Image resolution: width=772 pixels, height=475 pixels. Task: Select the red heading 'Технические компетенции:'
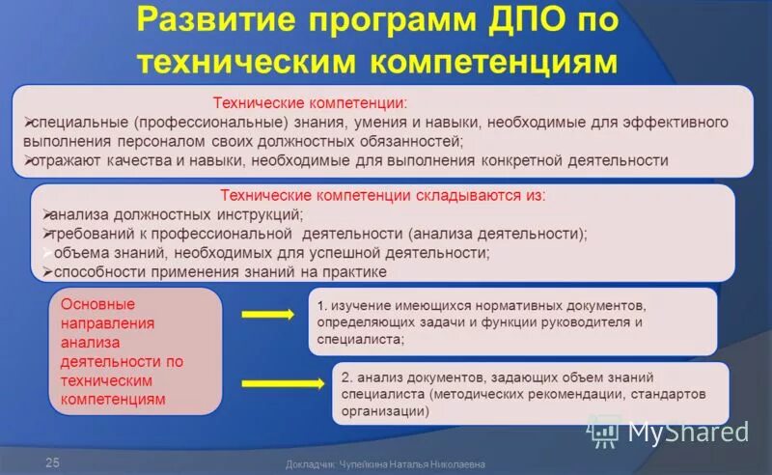pos(310,101)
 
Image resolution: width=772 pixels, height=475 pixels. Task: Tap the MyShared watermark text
pos(687,432)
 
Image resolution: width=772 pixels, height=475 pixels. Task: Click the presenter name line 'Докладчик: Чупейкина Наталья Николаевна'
pos(386,464)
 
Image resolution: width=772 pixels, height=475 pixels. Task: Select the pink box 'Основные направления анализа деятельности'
pos(135,351)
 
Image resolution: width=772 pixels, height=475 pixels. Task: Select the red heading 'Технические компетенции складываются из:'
pos(382,195)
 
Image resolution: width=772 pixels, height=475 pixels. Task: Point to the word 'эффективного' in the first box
pos(682,123)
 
